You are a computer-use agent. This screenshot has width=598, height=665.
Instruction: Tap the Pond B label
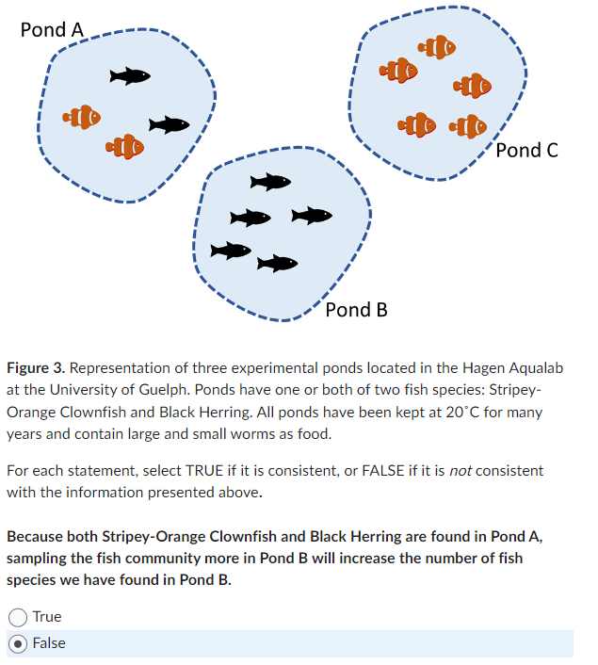[x=356, y=310]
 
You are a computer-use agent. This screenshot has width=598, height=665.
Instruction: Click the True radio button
[x=17, y=617]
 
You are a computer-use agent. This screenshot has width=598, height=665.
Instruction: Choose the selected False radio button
[x=17, y=643]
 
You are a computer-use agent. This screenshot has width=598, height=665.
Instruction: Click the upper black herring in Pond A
[x=130, y=75]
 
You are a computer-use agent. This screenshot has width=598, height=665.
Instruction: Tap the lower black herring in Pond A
[x=170, y=124]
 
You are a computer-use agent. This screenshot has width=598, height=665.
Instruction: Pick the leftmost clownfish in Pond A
[x=82, y=118]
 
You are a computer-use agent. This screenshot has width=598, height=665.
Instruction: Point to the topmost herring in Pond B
[x=270, y=181]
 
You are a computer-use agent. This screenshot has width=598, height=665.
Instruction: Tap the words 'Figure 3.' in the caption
[x=36, y=367]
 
